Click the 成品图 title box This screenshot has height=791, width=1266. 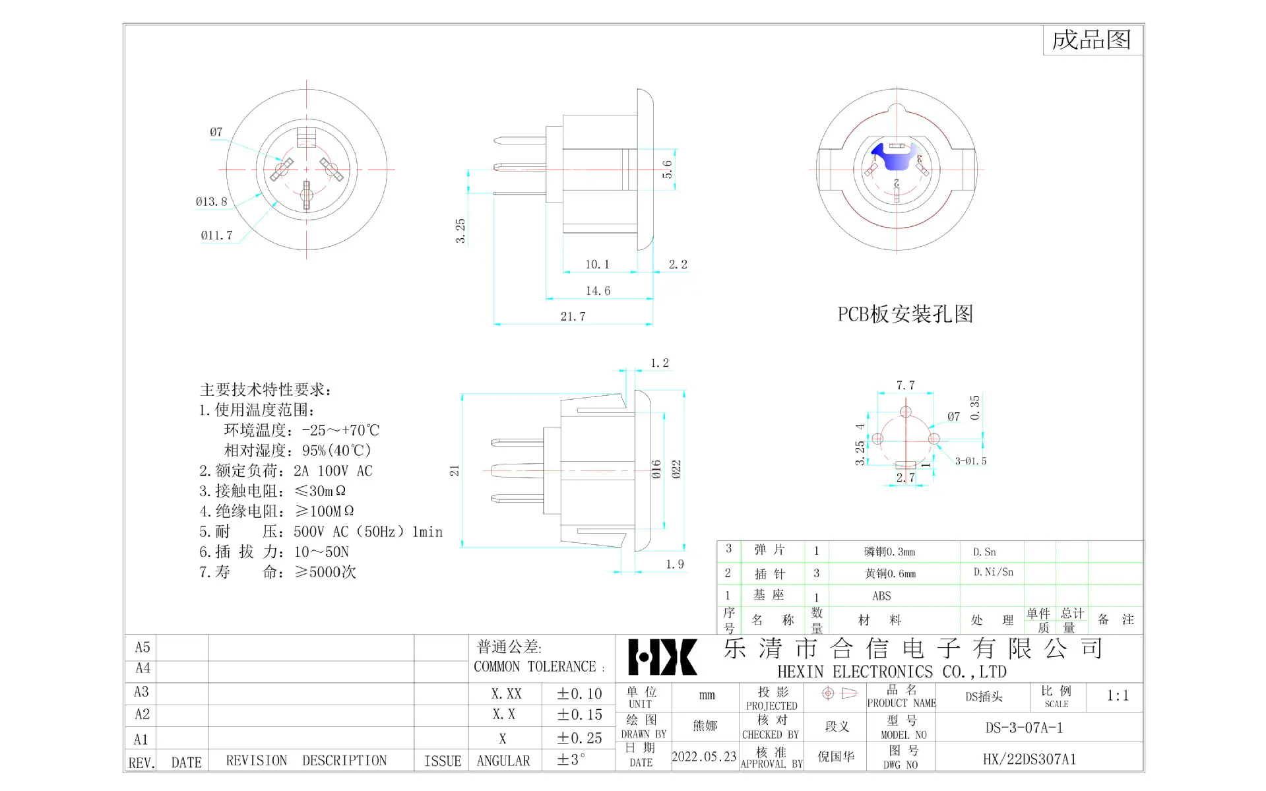pyautogui.click(x=1092, y=40)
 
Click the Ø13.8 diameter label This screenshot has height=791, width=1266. pyautogui.click(x=211, y=202)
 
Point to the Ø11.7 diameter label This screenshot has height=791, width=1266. pyautogui.click(x=216, y=236)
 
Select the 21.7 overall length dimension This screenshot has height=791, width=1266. pyautogui.click(x=573, y=317)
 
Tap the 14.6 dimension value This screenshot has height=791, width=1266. pyautogui.click(x=598, y=291)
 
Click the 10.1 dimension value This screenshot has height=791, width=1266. pyautogui.click(x=597, y=265)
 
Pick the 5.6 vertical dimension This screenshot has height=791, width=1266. pyautogui.click(x=668, y=170)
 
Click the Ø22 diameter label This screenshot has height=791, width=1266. pyautogui.click(x=676, y=470)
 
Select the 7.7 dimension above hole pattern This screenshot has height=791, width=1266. pyautogui.click(x=905, y=385)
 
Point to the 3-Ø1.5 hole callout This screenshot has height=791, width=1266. pyautogui.click(x=970, y=461)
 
